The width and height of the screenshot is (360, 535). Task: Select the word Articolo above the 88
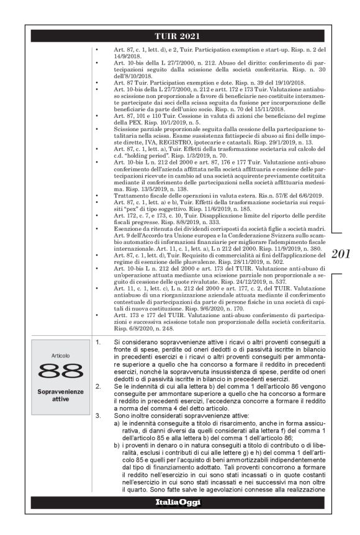(x=60, y=356)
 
